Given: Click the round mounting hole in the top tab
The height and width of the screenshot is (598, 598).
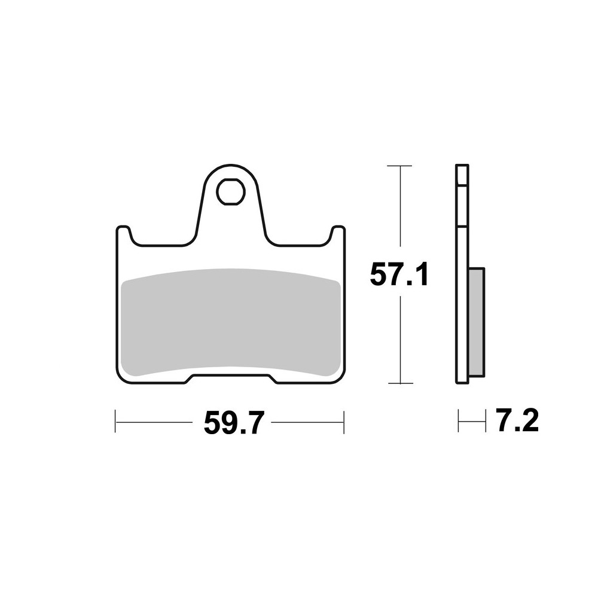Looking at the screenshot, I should pos(230,191).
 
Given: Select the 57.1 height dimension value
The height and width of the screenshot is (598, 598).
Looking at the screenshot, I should pos(399,275).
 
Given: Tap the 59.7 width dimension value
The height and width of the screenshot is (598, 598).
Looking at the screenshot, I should pos(233,423).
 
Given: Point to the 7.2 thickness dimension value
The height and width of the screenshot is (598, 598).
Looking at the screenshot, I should pos(517,422).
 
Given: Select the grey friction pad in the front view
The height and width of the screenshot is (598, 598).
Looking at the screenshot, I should pos(230,323).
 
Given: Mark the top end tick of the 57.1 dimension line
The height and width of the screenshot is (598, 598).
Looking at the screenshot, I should pos(399,165).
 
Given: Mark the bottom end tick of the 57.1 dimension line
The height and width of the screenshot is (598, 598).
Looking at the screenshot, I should pos(399,383).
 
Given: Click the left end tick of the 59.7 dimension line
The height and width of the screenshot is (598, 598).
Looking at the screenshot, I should pos(115,422).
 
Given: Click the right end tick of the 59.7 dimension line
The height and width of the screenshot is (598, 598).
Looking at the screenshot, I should pos(344,422).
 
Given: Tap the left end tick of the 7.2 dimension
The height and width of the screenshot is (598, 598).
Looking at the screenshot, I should pos(458,421).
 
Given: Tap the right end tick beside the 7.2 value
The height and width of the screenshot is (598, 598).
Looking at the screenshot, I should pos(485,421).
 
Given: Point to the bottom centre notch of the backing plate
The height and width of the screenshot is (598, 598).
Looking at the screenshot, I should pos(230,379).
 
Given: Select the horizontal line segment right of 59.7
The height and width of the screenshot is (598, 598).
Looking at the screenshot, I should pos(308,422).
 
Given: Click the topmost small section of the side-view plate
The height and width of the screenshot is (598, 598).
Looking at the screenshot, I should pos(462,175).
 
